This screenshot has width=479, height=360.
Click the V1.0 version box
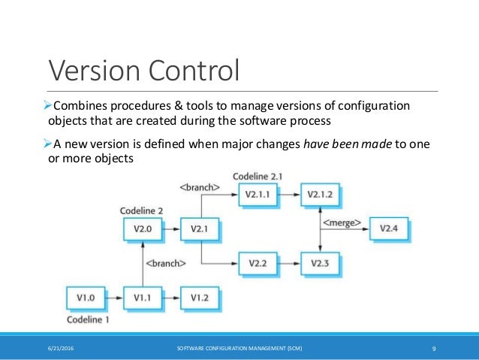tap(85, 298)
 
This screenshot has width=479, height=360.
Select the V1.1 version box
tap(142, 298)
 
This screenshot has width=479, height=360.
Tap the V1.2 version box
tap(200, 298)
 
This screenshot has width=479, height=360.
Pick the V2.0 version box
tap(142, 228)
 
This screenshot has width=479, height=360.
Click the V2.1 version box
tap(200, 228)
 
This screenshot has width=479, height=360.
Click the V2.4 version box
tap(389, 228)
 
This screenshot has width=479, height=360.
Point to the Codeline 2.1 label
tap(258, 176)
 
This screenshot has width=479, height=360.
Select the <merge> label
tap(342, 223)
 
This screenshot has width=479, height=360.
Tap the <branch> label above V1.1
tap(166, 263)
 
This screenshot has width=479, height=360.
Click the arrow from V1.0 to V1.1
tap(113, 298)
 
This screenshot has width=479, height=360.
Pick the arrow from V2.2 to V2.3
tap(289, 262)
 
